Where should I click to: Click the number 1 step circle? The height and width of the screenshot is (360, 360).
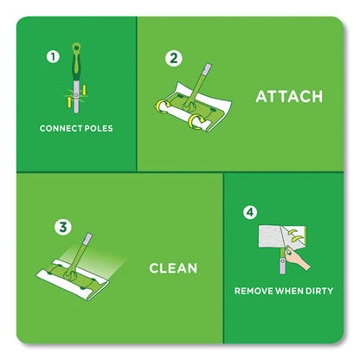[53, 58]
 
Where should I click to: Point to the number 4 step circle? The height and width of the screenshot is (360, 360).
[251, 209]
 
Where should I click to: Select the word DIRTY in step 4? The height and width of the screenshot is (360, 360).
[315, 291]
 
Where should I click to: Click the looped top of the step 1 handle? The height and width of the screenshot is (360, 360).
[79, 47]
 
